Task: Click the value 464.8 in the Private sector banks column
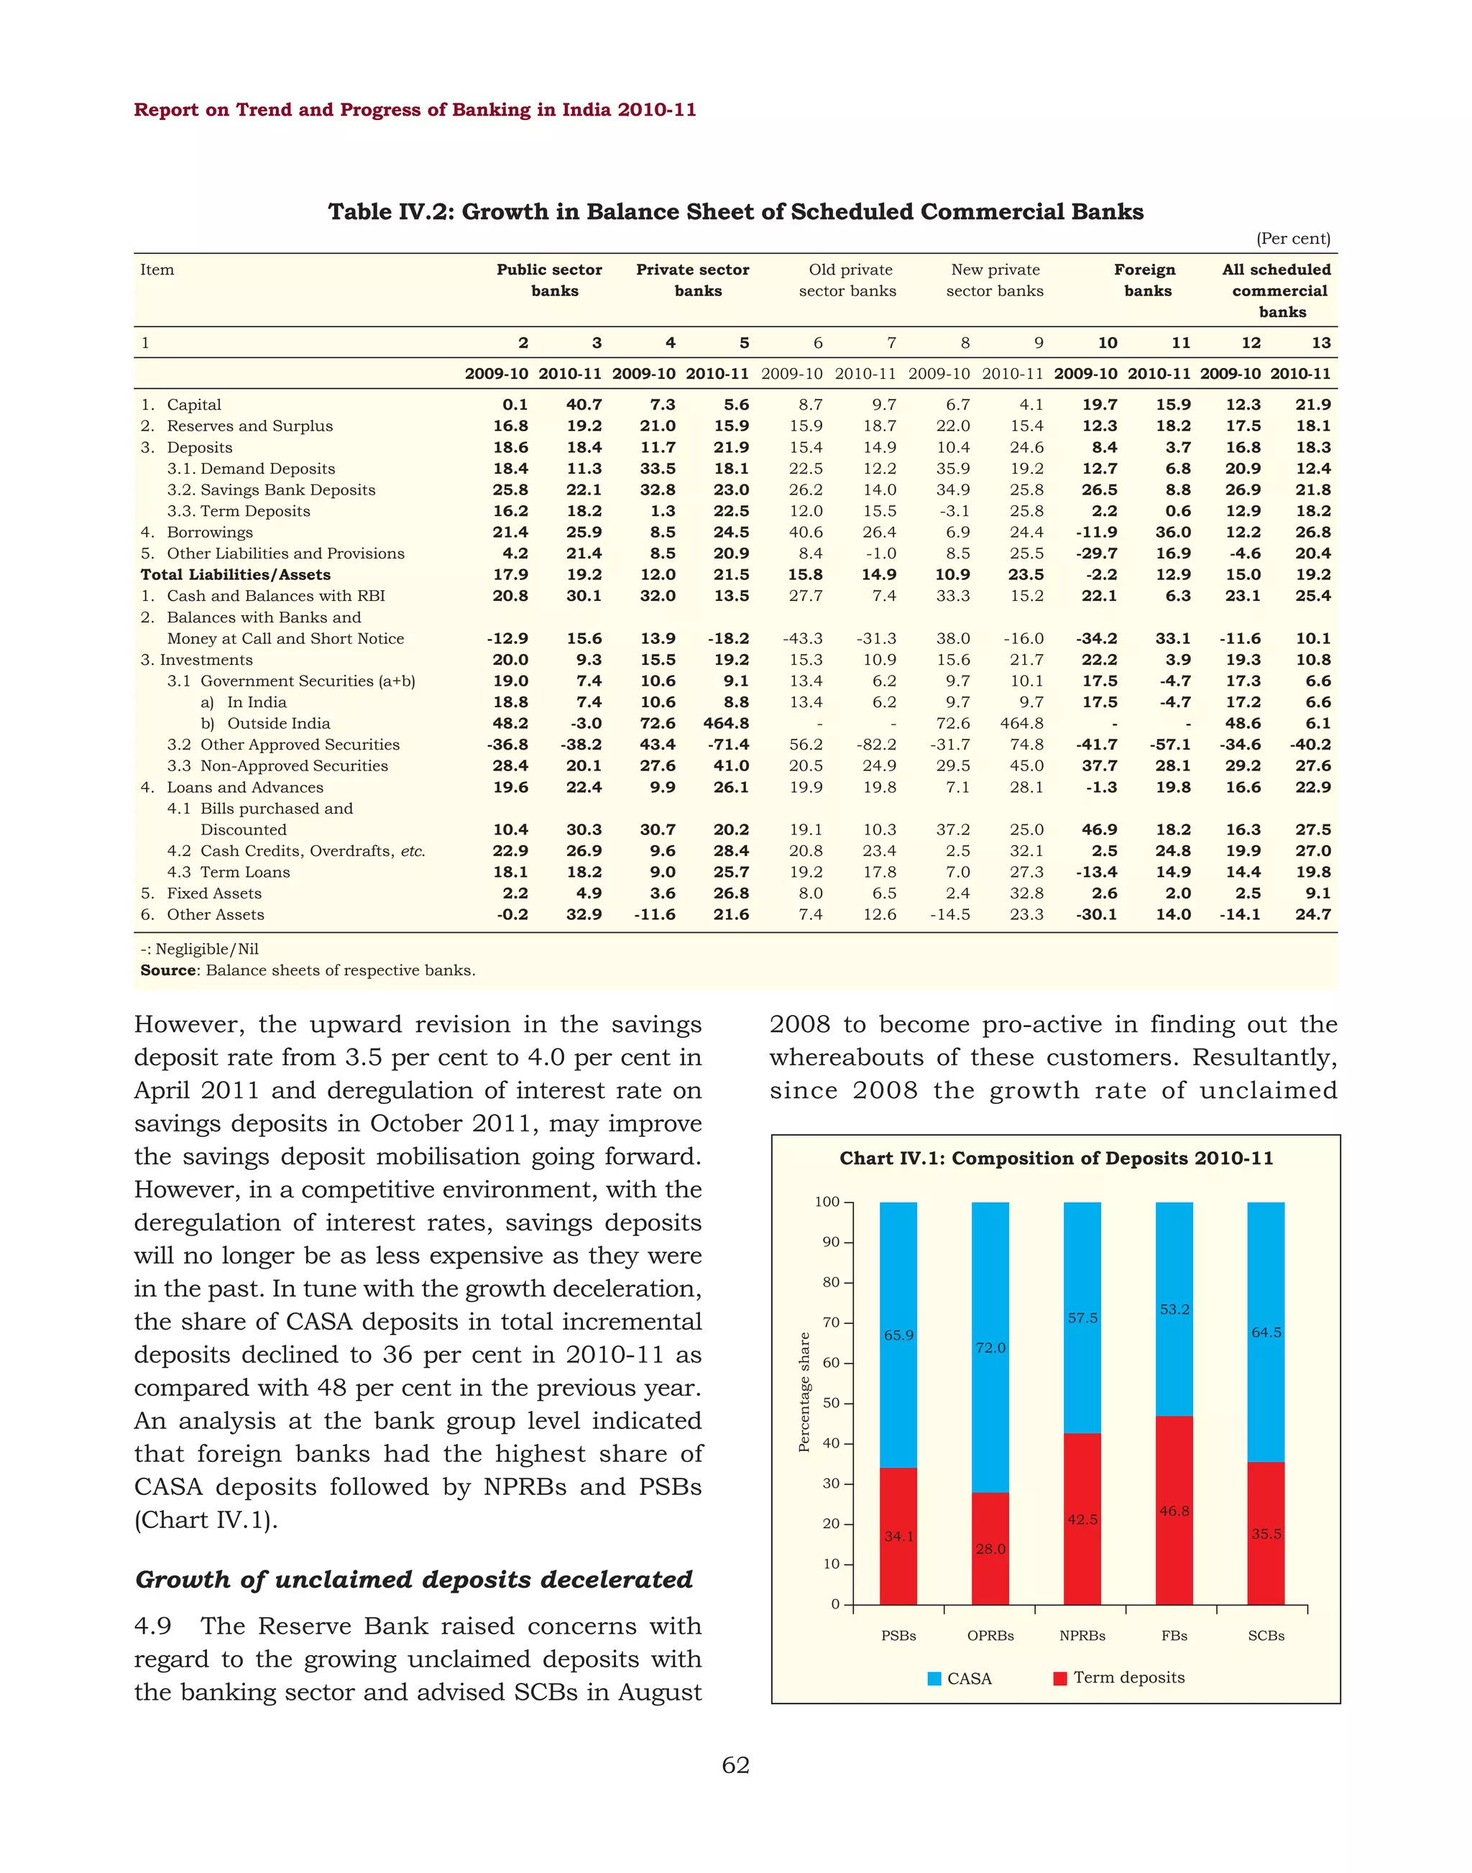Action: [x=726, y=723]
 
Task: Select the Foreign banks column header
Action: [x=1146, y=280]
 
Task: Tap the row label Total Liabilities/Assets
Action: [x=235, y=574]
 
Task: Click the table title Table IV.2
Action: [x=735, y=212]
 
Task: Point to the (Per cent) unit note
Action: [x=1293, y=239]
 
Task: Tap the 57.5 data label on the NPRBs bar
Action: [x=1082, y=1318]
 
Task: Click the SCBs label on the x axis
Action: [x=1266, y=1635]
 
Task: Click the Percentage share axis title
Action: [x=804, y=1392]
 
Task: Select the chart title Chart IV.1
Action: [x=1056, y=1159]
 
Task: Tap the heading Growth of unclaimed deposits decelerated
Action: [x=414, y=1579]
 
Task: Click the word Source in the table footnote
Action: [x=168, y=970]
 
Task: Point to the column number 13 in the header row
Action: [x=1320, y=343]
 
